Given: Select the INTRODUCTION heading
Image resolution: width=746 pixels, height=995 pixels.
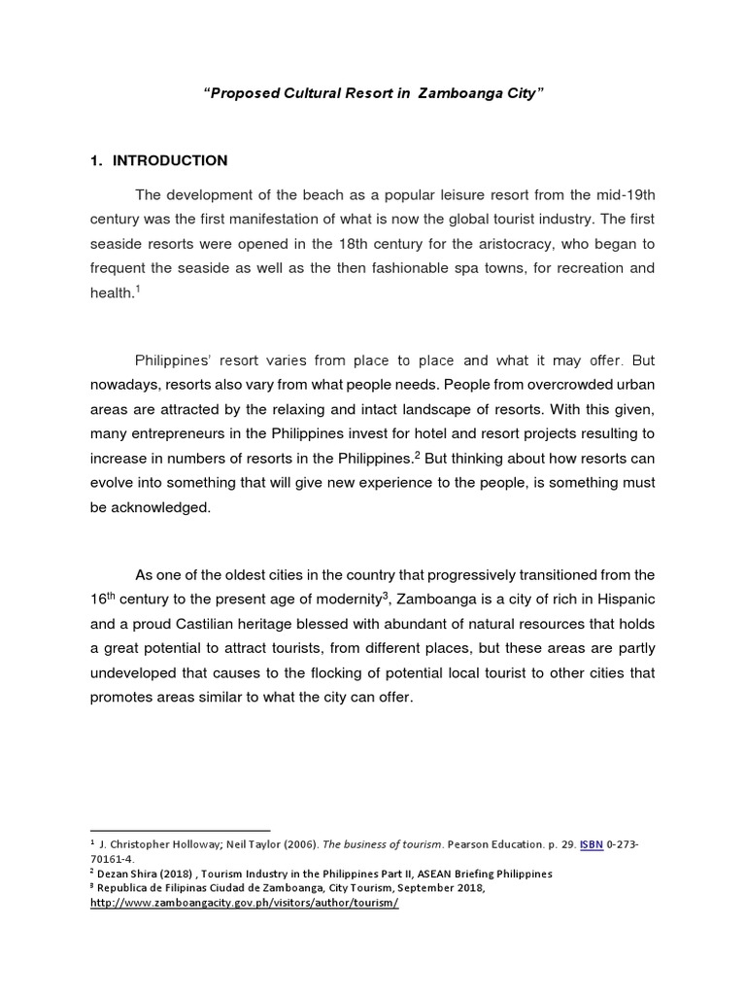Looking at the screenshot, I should (x=170, y=160).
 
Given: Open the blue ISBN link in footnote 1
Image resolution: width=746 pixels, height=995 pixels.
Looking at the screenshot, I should (x=591, y=844).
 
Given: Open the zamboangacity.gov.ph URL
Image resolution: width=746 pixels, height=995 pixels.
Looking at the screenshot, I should (x=244, y=903).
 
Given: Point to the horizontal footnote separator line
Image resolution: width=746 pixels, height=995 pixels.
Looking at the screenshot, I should (x=180, y=831).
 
